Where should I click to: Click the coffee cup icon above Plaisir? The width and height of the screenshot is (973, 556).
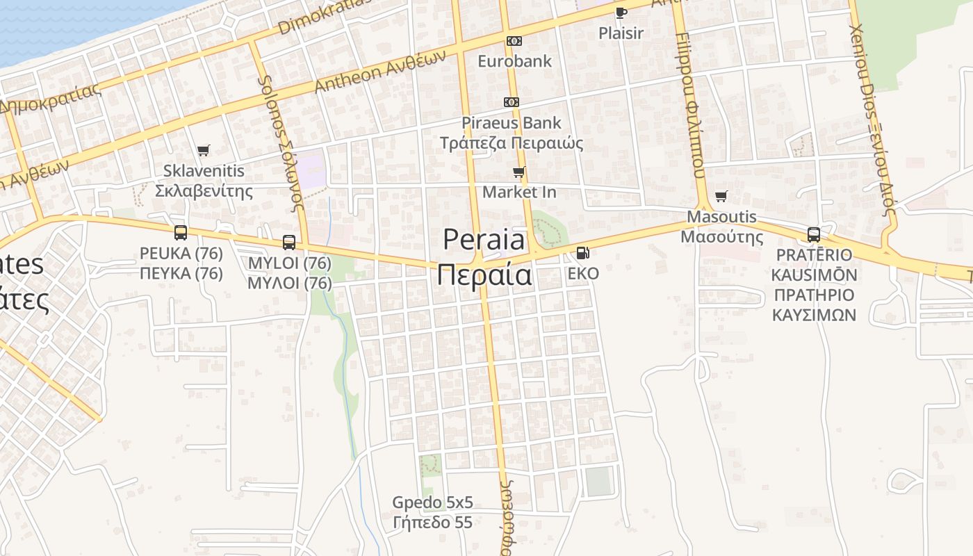tap(621, 13)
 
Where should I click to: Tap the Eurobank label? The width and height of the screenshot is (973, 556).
tap(514, 61)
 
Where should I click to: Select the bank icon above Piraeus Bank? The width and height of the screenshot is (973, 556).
tap(512, 102)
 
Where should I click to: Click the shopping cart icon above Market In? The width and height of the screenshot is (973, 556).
tap(518, 172)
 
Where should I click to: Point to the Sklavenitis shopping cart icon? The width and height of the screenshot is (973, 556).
tap(203, 150)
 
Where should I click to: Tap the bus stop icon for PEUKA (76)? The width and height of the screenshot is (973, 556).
tap(181, 233)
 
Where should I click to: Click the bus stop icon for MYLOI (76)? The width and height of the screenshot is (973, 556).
tap(289, 243)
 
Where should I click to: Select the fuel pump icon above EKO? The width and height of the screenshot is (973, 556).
tap(582, 253)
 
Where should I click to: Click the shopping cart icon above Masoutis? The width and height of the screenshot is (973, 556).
tap(721, 197)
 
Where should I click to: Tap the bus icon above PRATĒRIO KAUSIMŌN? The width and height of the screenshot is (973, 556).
tap(814, 235)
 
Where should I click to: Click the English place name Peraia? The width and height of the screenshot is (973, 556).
tap(484, 240)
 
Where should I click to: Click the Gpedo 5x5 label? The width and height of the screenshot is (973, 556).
tap(432, 502)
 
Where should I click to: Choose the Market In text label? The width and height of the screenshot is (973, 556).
tap(519, 192)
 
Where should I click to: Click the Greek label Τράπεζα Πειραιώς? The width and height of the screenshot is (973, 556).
tap(512, 143)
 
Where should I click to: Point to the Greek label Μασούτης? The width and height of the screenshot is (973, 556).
tap(721, 237)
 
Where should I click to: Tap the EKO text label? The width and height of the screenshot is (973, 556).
tap(582, 274)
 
